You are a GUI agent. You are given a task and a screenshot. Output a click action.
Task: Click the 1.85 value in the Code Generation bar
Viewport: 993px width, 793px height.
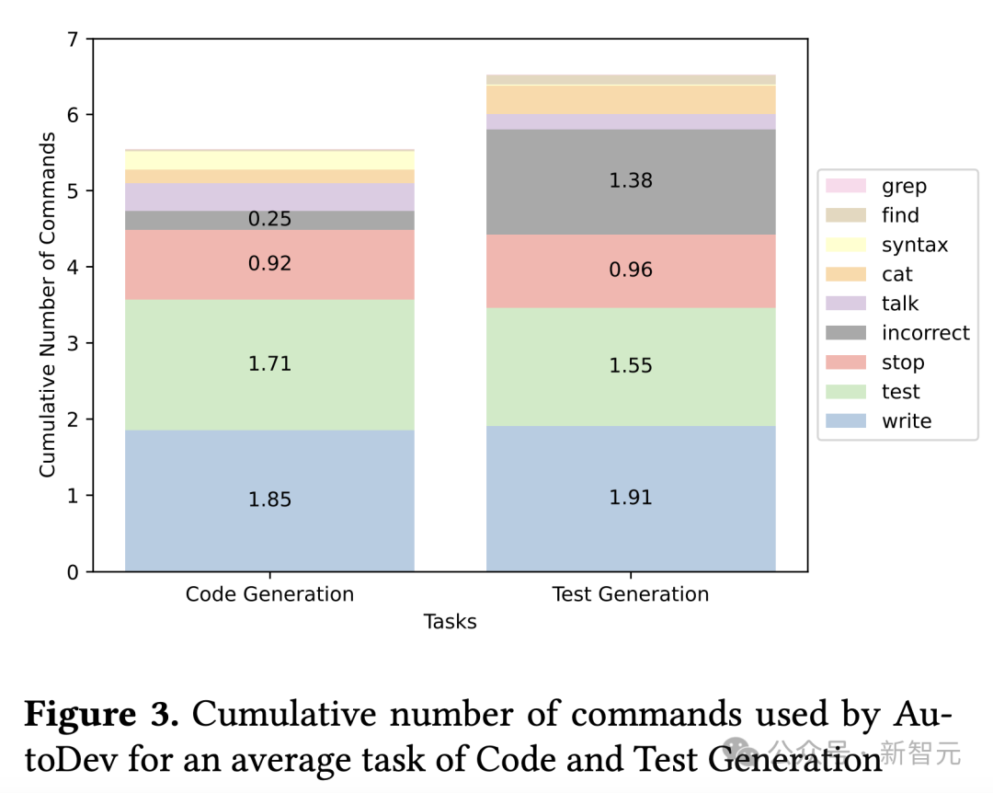pos(269,500)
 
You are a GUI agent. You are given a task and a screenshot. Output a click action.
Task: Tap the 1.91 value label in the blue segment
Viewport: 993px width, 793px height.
pos(631,498)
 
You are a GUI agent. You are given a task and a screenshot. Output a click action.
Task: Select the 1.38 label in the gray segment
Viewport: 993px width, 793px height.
pos(631,181)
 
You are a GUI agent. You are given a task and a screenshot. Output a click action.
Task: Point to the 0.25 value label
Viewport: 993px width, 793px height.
pos(269,219)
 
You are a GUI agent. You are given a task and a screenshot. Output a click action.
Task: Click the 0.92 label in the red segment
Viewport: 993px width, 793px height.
pos(269,264)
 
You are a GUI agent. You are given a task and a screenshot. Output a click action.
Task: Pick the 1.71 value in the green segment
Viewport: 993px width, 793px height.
pos(269,364)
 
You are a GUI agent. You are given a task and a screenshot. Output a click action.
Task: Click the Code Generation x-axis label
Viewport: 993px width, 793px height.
pos(269,594)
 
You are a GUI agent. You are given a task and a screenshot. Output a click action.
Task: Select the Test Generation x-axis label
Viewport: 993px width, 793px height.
pos(631,594)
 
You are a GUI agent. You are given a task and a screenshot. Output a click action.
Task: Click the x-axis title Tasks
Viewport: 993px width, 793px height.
pos(451,622)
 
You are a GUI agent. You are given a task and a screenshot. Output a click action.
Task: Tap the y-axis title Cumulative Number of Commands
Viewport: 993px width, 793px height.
pos(47,305)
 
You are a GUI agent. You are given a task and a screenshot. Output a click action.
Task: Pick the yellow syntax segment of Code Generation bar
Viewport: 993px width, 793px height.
pos(269,160)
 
